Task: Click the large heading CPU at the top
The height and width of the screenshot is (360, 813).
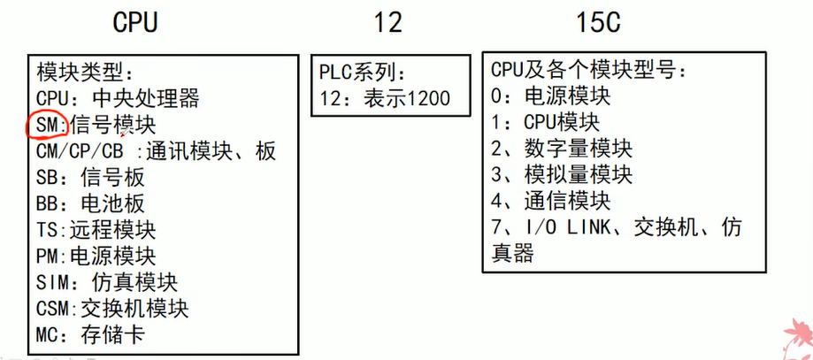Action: [x=135, y=22]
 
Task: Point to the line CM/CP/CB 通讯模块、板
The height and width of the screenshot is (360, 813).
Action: [x=157, y=151]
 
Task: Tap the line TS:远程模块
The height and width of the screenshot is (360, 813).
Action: [x=96, y=231]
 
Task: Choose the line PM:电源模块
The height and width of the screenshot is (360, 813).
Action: [x=96, y=257]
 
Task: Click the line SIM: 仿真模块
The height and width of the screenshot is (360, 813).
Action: [x=107, y=283]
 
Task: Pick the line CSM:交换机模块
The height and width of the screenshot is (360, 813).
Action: [x=112, y=309]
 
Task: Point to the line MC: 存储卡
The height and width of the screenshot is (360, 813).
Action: [x=90, y=335]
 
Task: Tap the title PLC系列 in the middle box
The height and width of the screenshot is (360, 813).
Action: [x=365, y=73]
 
